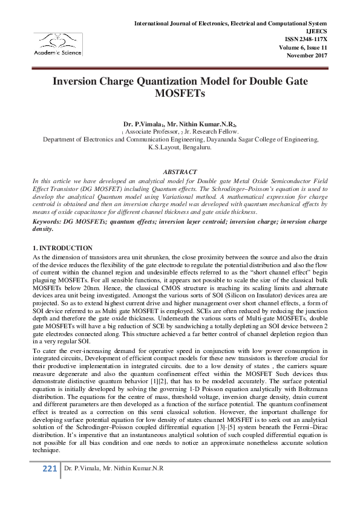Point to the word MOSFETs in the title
[180, 94]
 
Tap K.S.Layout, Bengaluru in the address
[180, 146]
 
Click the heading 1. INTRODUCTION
[62, 248]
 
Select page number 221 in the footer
[49, 469]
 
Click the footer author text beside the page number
[114, 469]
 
